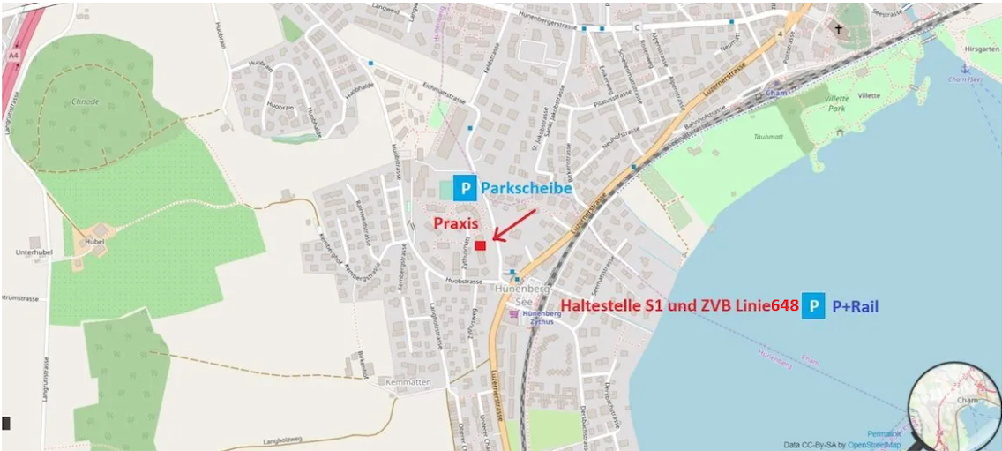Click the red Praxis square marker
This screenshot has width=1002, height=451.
click(481, 246)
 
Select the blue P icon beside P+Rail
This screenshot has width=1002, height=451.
click(813, 305)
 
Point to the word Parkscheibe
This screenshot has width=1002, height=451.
click(526, 188)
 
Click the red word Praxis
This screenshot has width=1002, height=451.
click(456, 223)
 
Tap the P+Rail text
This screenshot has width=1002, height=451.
click(855, 306)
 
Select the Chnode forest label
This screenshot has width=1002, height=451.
click(85, 101)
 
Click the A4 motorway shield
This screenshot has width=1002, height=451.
click(13, 56)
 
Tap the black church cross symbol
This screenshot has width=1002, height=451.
click(839, 29)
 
